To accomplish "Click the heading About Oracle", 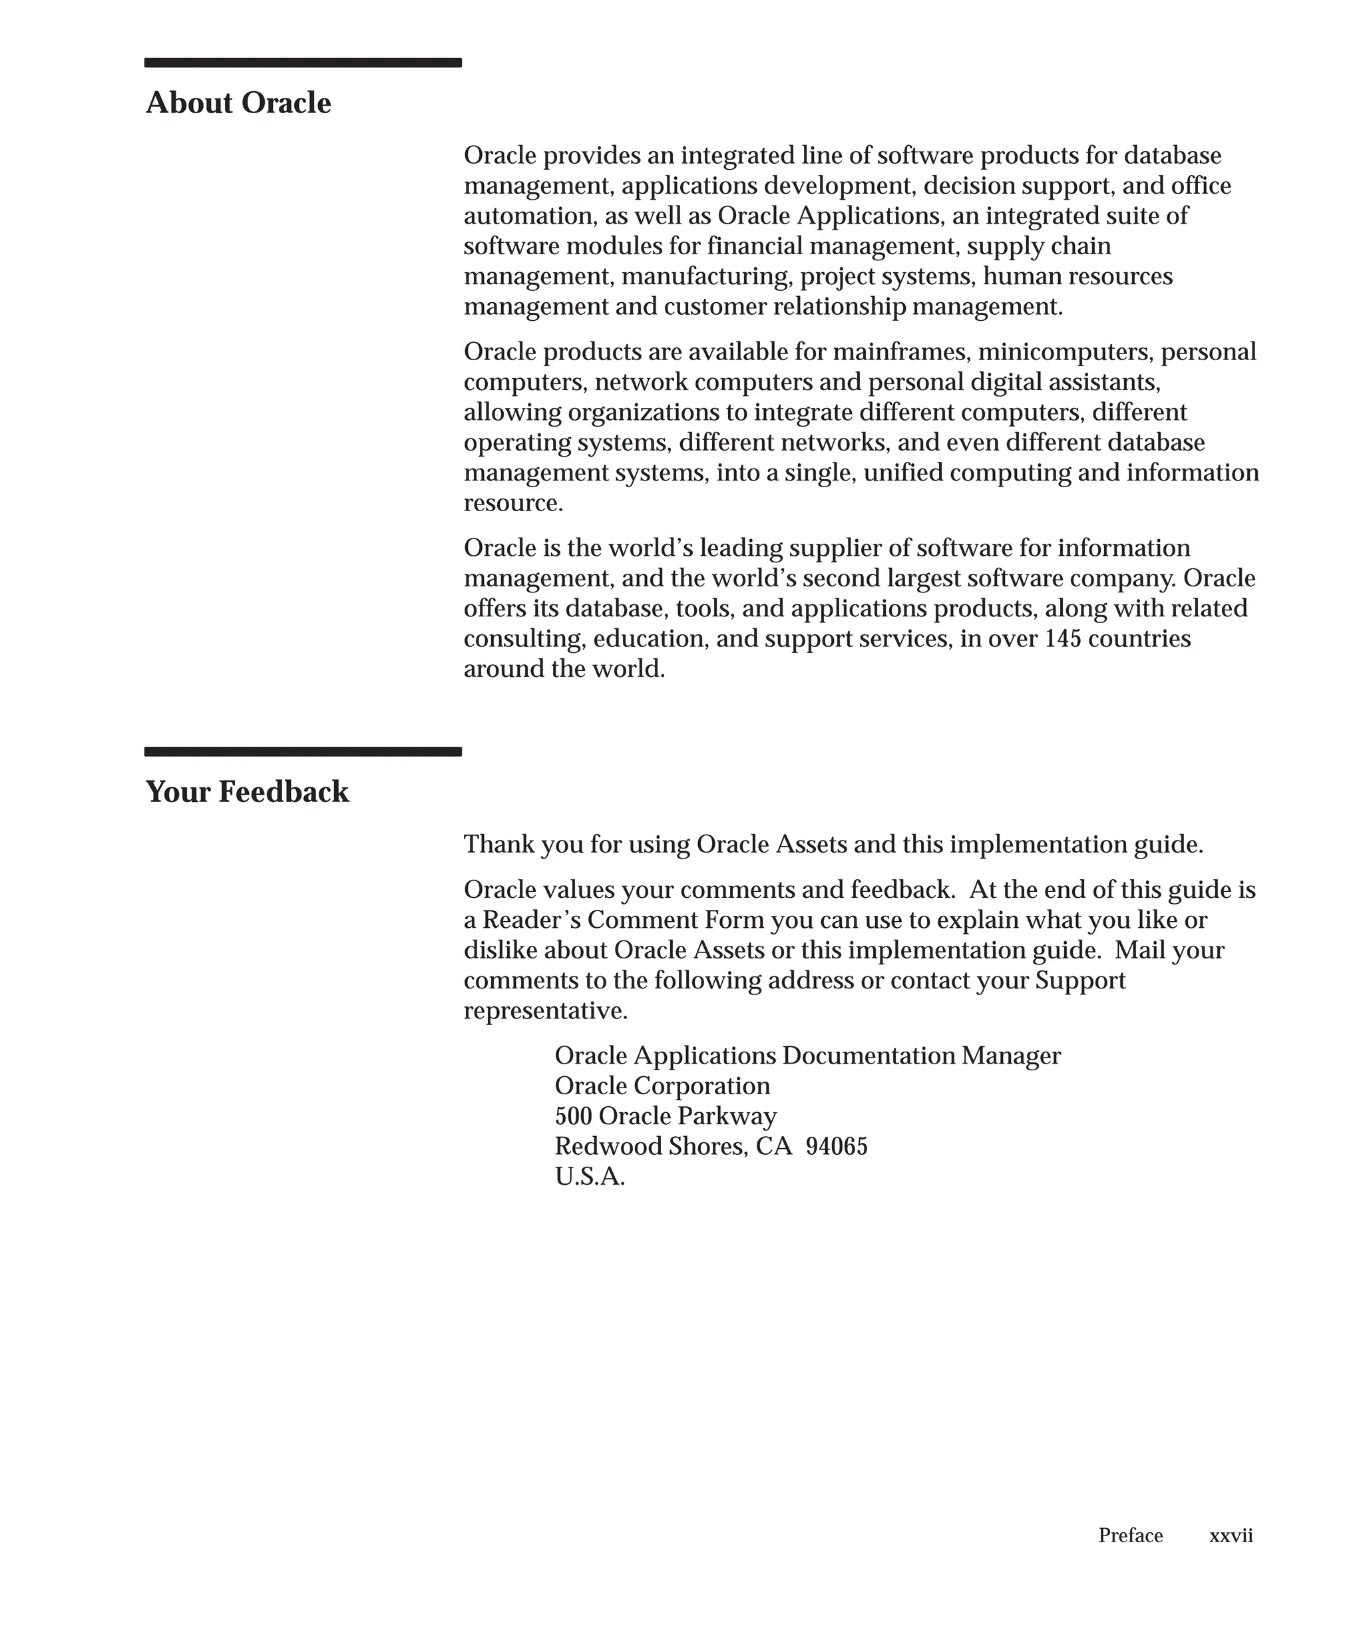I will (238, 103).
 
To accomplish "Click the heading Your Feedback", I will (247, 791).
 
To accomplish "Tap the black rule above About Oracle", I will (303, 63).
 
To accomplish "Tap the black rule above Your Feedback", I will (303, 752).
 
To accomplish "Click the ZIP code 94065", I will (837, 1147).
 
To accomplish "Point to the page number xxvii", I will (1231, 1535).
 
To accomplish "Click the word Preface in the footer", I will (1130, 1535).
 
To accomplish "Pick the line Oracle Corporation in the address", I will (662, 1086).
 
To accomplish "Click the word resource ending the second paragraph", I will (512, 503).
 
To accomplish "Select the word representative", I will (544, 1011).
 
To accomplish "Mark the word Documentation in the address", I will (869, 1056).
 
